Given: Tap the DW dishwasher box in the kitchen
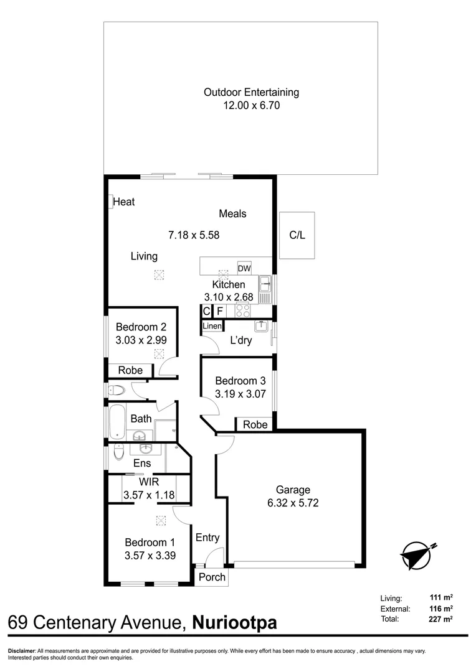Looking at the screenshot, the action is coord(244,268).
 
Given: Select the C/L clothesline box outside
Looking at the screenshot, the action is coord(297,235).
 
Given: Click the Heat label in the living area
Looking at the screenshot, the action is coord(124,202).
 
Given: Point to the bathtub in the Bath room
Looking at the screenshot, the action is coord(117,422).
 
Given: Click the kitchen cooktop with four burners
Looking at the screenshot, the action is coord(242,310).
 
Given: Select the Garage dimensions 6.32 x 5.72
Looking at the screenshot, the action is coord(293,503).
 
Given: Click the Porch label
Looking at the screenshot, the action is coord(212,577).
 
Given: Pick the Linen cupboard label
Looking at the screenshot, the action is coord(212,325).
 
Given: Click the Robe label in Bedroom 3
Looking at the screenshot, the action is coord(255,424).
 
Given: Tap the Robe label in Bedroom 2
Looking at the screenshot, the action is coord(130,370).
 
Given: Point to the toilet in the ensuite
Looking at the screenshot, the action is coord(118,451).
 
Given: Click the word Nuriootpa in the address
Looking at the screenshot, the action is coord(234,622).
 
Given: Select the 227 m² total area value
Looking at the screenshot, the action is coord(441,618).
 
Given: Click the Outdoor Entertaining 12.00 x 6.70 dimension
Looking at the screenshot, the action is coord(252,105).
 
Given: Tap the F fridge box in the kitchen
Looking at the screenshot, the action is coord(220,311).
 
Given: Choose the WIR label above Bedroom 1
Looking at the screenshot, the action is coord(149,482).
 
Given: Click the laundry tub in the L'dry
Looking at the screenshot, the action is coord(262,327).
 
